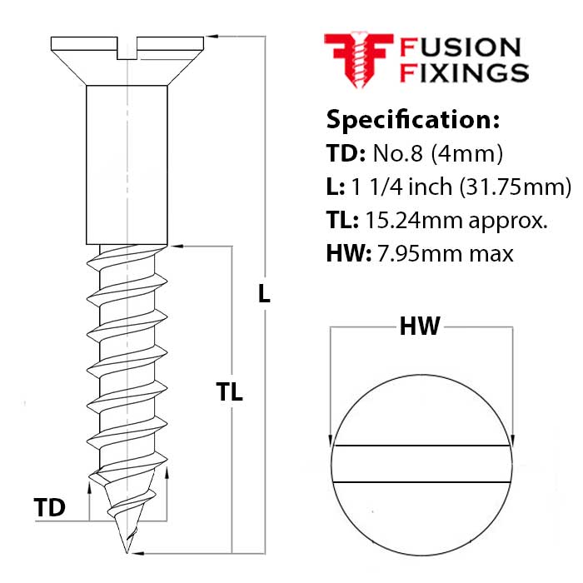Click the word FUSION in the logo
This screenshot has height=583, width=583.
461,48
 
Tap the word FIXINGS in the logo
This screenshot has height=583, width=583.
464,72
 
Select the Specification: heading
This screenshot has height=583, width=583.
412,119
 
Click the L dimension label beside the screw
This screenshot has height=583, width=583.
264,293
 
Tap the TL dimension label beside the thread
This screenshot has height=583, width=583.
229,391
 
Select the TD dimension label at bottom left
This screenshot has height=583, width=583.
50,507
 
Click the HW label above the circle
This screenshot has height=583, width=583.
420,326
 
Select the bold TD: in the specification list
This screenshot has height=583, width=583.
346,154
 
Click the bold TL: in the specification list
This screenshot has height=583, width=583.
344,220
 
